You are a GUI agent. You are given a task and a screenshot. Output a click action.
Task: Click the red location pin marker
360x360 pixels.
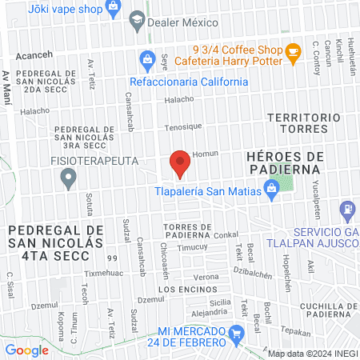pyautogui.click(x=180, y=163)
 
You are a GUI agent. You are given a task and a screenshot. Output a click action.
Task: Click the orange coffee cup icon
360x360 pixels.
pyautogui.click(x=293, y=51)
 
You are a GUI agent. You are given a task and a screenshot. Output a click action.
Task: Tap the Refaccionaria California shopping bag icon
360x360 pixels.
pyautogui.click(x=146, y=58)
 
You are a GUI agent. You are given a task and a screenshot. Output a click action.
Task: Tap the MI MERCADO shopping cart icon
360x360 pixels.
pyautogui.click(x=236, y=333)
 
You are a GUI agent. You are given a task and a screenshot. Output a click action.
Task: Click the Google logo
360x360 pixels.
pyautogui.click(x=27, y=350)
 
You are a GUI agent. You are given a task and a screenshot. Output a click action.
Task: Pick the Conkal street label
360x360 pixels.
pyautogui.click(x=226, y=235)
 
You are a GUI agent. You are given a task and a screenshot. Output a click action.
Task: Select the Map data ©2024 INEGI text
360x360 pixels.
pyautogui.click(x=311, y=353)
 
